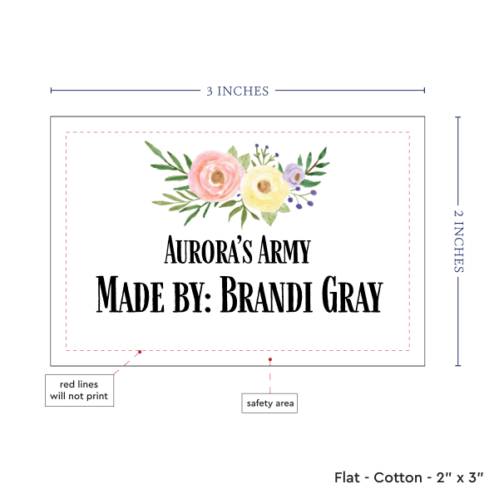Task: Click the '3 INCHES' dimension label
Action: click(x=237, y=91)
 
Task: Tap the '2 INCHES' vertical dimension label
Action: click(x=459, y=241)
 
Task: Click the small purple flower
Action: click(x=293, y=173)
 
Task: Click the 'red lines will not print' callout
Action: click(x=78, y=389)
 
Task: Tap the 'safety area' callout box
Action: click(x=269, y=403)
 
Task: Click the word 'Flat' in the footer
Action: click(x=348, y=477)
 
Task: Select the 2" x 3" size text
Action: click(x=459, y=477)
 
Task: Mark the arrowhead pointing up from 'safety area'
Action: click(x=269, y=360)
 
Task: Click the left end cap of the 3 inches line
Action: click(x=51, y=91)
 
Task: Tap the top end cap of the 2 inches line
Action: click(x=458, y=117)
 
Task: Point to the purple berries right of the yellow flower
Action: click(x=305, y=196)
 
